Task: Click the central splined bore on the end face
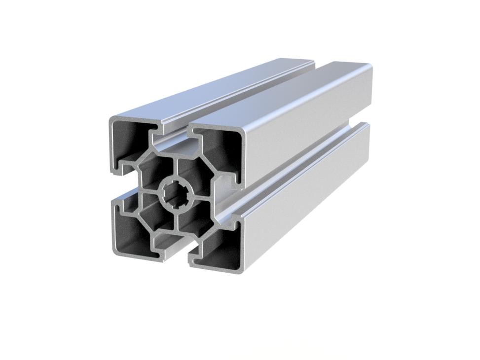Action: point(176,192)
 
